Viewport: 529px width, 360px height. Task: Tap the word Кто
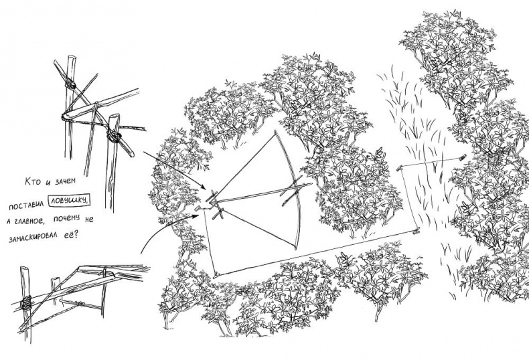coord(33,181)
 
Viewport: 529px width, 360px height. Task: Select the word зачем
coord(64,181)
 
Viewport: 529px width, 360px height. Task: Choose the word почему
coord(66,218)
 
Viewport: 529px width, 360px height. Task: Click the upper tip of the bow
coord(275,130)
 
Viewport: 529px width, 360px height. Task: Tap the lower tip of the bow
coord(296,248)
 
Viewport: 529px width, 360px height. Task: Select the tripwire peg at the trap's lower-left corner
coord(216,276)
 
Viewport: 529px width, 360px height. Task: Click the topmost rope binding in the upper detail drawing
coord(70,84)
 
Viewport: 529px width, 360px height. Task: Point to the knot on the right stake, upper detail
coord(114,137)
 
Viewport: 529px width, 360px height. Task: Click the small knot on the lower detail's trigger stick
coord(81,304)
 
